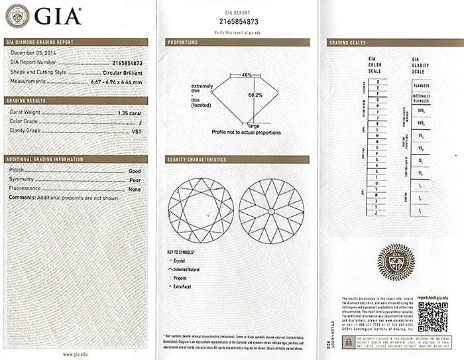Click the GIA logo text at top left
coord(58,15)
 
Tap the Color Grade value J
coord(139,122)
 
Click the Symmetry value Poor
coord(135,180)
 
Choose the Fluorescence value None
coord(135,188)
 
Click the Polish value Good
coord(135,171)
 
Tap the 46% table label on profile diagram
coord(247,75)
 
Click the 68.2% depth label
coord(255,95)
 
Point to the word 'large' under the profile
coord(254,125)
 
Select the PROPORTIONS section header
coord(183,42)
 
